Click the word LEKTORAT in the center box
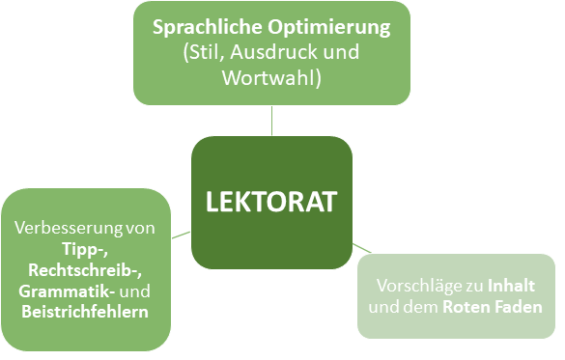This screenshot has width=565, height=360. pyautogui.click(x=271, y=202)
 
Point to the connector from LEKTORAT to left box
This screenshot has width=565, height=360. pyautogui.click(x=180, y=234)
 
